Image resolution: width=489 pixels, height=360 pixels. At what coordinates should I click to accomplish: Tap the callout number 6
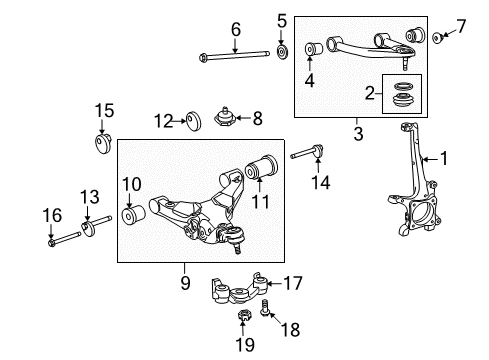(x=237, y=29)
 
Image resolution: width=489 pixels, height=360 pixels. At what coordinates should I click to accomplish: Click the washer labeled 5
(x=282, y=51)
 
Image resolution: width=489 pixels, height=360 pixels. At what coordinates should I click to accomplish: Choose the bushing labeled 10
(x=132, y=214)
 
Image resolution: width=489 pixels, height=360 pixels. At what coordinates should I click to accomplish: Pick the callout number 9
(x=185, y=283)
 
